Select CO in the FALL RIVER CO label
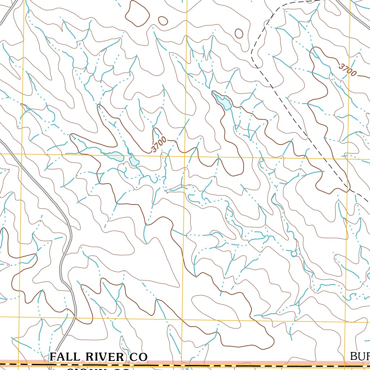137,357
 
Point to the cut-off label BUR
360,357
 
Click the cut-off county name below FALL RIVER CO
98,369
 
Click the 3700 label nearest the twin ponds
159,144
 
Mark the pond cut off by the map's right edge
368,277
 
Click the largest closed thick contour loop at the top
137,14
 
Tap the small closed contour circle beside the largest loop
163,21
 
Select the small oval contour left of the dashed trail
239,33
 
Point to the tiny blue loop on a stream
294,254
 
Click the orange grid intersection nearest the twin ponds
185,156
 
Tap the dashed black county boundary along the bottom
217,365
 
